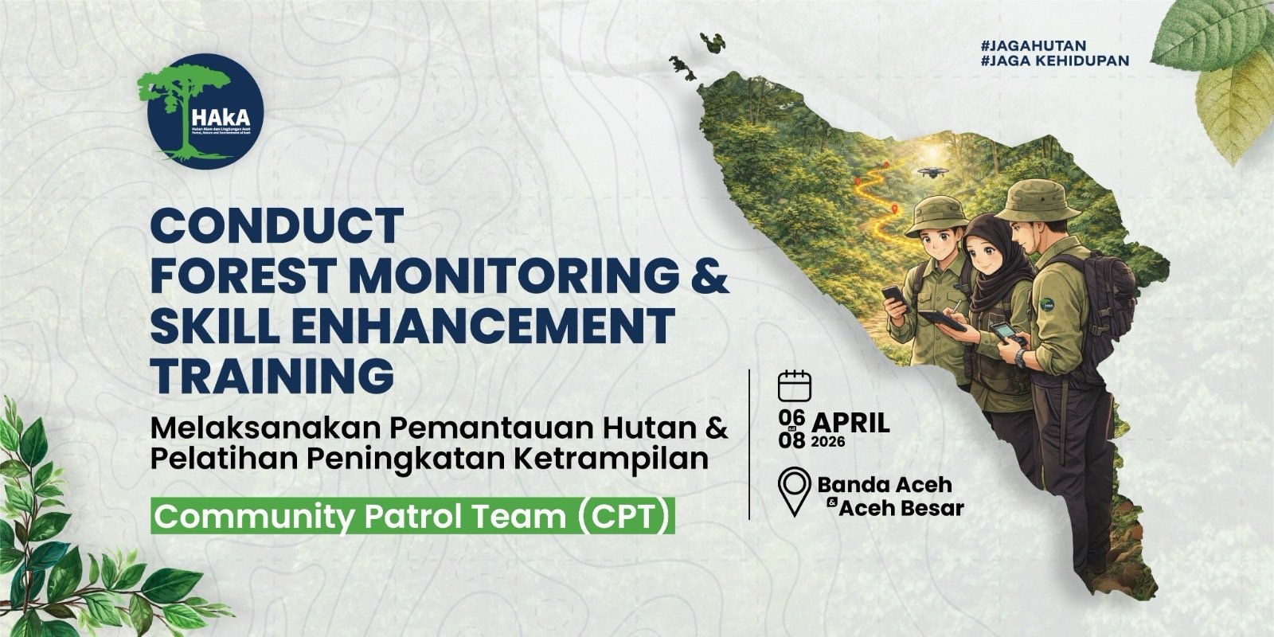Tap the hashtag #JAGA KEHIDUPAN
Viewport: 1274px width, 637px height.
point(1055,61)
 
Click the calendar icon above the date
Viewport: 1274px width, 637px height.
point(794,385)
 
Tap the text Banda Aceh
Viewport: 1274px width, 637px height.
point(885,483)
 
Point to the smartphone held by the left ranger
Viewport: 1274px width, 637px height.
point(892,295)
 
